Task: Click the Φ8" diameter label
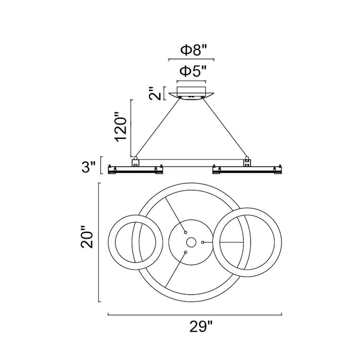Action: [x=194, y=50]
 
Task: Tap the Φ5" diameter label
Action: [x=193, y=71]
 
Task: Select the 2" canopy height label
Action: [x=155, y=93]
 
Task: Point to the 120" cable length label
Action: [x=121, y=127]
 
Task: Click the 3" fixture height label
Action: [x=88, y=167]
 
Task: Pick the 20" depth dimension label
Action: [x=87, y=237]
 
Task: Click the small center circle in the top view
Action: [x=191, y=242]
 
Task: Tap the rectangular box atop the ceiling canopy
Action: [x=191, y=90]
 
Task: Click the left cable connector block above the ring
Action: [x=135, y=161]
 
